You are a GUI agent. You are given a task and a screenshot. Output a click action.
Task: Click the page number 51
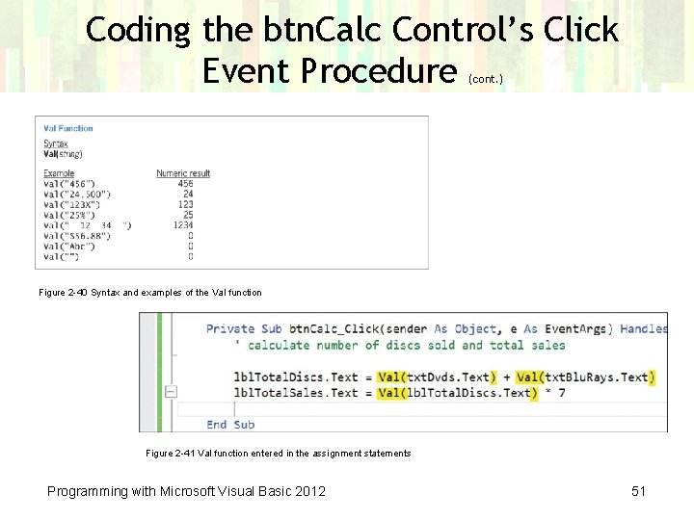tap(638, 491)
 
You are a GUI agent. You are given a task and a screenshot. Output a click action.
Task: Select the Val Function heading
tap(68, 128)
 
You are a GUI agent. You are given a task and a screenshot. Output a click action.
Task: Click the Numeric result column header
tap(183, 173)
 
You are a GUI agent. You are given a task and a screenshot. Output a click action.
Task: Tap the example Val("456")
tap(69, 183)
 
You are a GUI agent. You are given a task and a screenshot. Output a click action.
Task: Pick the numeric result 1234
tap(182, 225)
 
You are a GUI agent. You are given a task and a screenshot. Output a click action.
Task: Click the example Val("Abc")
tap(68, 246)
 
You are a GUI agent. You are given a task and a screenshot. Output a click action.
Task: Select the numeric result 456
tap(185, 183)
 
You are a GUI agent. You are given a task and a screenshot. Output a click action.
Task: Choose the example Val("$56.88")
tap(73, 235)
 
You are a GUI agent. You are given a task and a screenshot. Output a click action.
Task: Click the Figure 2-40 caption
tap(149, 292)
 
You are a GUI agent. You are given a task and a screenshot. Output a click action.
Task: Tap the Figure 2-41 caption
tap(278, 453)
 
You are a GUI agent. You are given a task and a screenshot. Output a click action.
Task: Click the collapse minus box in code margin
tap(171, 392)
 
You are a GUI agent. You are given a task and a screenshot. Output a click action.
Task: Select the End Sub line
tap(230, 424)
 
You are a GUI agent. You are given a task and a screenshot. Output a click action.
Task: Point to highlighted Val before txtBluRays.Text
tap(530, 377)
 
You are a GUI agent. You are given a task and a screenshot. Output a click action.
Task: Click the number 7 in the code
tap(560, 392)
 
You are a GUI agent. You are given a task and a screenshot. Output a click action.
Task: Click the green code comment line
tap(400, 345)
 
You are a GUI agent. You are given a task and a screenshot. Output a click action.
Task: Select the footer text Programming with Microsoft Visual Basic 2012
tap(186, 491)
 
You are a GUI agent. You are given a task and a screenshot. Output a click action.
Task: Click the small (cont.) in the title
tap(484, 79)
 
